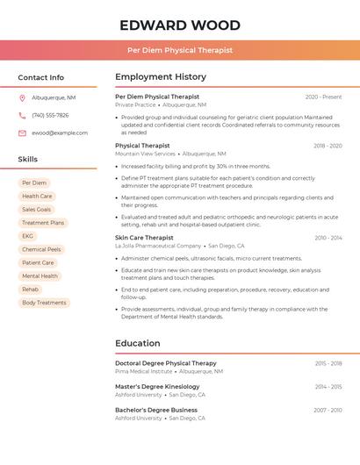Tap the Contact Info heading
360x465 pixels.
[41, 77]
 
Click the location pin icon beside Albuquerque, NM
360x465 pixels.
[22, 97]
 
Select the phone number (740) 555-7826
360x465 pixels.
[50, 115]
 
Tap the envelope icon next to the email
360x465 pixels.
[22, 132]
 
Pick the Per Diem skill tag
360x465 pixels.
[34, 183]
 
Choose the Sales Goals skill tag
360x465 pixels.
[37, 210]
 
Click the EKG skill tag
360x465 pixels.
[28, 236]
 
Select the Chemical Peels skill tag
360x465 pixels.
[41, 249]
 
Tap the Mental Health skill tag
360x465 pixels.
[40, 275]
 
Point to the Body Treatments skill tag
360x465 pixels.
[44, 303]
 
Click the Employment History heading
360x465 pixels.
[161, 77]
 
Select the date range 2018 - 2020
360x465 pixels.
[328, 146]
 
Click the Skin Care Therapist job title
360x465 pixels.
[144, 238]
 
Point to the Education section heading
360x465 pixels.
[138, 343]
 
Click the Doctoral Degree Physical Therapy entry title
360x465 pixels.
[165, 363]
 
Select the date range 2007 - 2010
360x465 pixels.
[328, 410]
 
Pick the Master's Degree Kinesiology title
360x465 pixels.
[157, 386]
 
